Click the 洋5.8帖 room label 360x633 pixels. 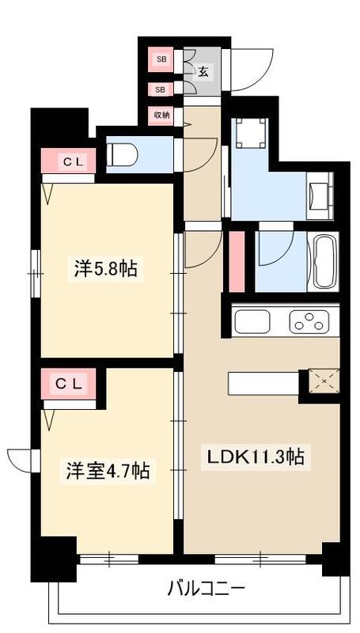coord(105,269)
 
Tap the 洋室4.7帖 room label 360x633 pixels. coord(108,472)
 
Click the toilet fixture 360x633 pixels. coord(123,154)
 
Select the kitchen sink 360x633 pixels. coord(252,322)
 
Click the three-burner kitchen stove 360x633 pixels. coord(309,322)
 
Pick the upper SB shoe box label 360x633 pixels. coord(161,59)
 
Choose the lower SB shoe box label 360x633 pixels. coord(161,89)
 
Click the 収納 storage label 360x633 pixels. coord(161,116)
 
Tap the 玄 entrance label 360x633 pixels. coord(203,72)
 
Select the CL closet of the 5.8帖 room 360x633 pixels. coord(69,161)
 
